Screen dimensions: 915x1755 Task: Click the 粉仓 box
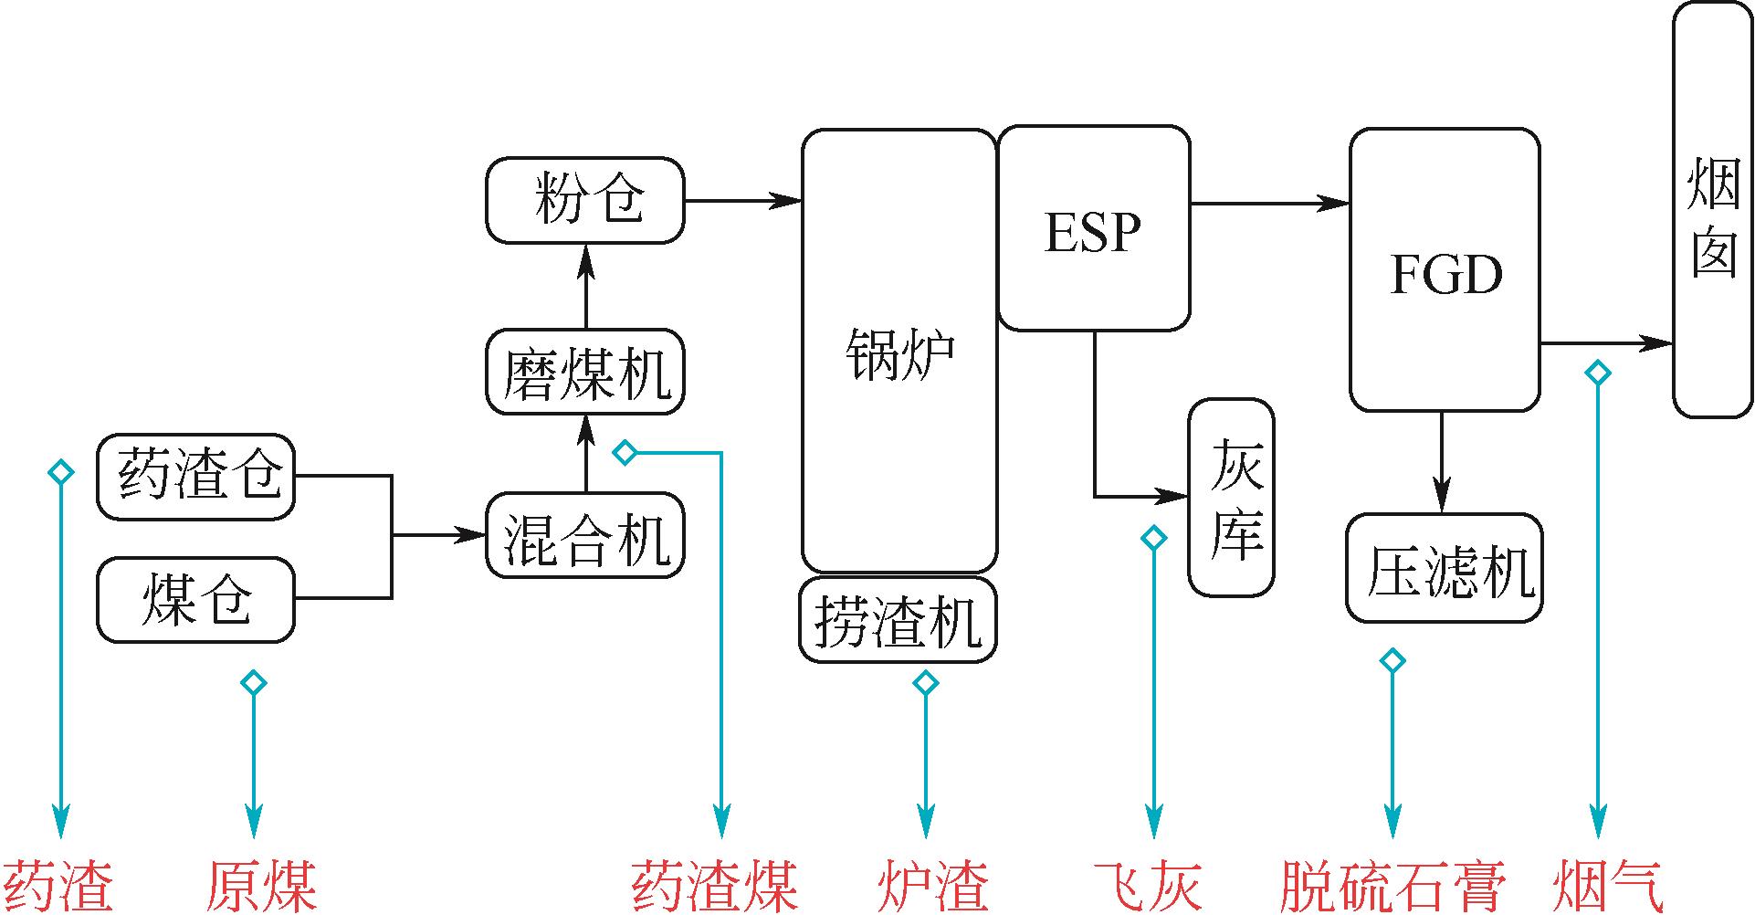pyautogui.click(x=585, y=200)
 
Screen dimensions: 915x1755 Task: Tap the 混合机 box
pyautogui.click(x=585, y=535)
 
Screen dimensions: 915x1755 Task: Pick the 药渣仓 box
pyautogui.click(x=196, y=477)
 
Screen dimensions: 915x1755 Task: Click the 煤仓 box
pyautogui.click(x=196, y=600)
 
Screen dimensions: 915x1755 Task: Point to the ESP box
pyautogui.click(x=1094, y=229)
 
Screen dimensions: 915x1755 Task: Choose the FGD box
pyautogui.click(x=1445, y=270)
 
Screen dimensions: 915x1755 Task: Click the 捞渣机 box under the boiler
pyautogui.click(x=899, y=620)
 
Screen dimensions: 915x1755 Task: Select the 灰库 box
pyautogui.click(x=1231, y=498)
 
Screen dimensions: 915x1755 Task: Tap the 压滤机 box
pyautogui.click(x=1445, y=569)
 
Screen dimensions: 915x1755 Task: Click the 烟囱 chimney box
pyautogui.click(x=1713, y=209)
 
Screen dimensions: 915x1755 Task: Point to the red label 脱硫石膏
pyautogui.click(x=1392, y=884)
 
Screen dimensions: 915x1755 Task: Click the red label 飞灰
pyautogui.click(x=1150, y=884)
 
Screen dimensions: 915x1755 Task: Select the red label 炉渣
pyautogui.click(x=932, y=884)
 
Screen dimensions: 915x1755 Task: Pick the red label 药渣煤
pyautogui.click(x=716, y=884)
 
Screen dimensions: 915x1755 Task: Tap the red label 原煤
pyautogui.click(x=261, y=884)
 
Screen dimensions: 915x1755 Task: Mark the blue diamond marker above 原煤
pyautogui.click(x=253, y=682)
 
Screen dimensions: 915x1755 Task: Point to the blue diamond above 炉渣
pyautogui.click(x=926, y=682)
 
